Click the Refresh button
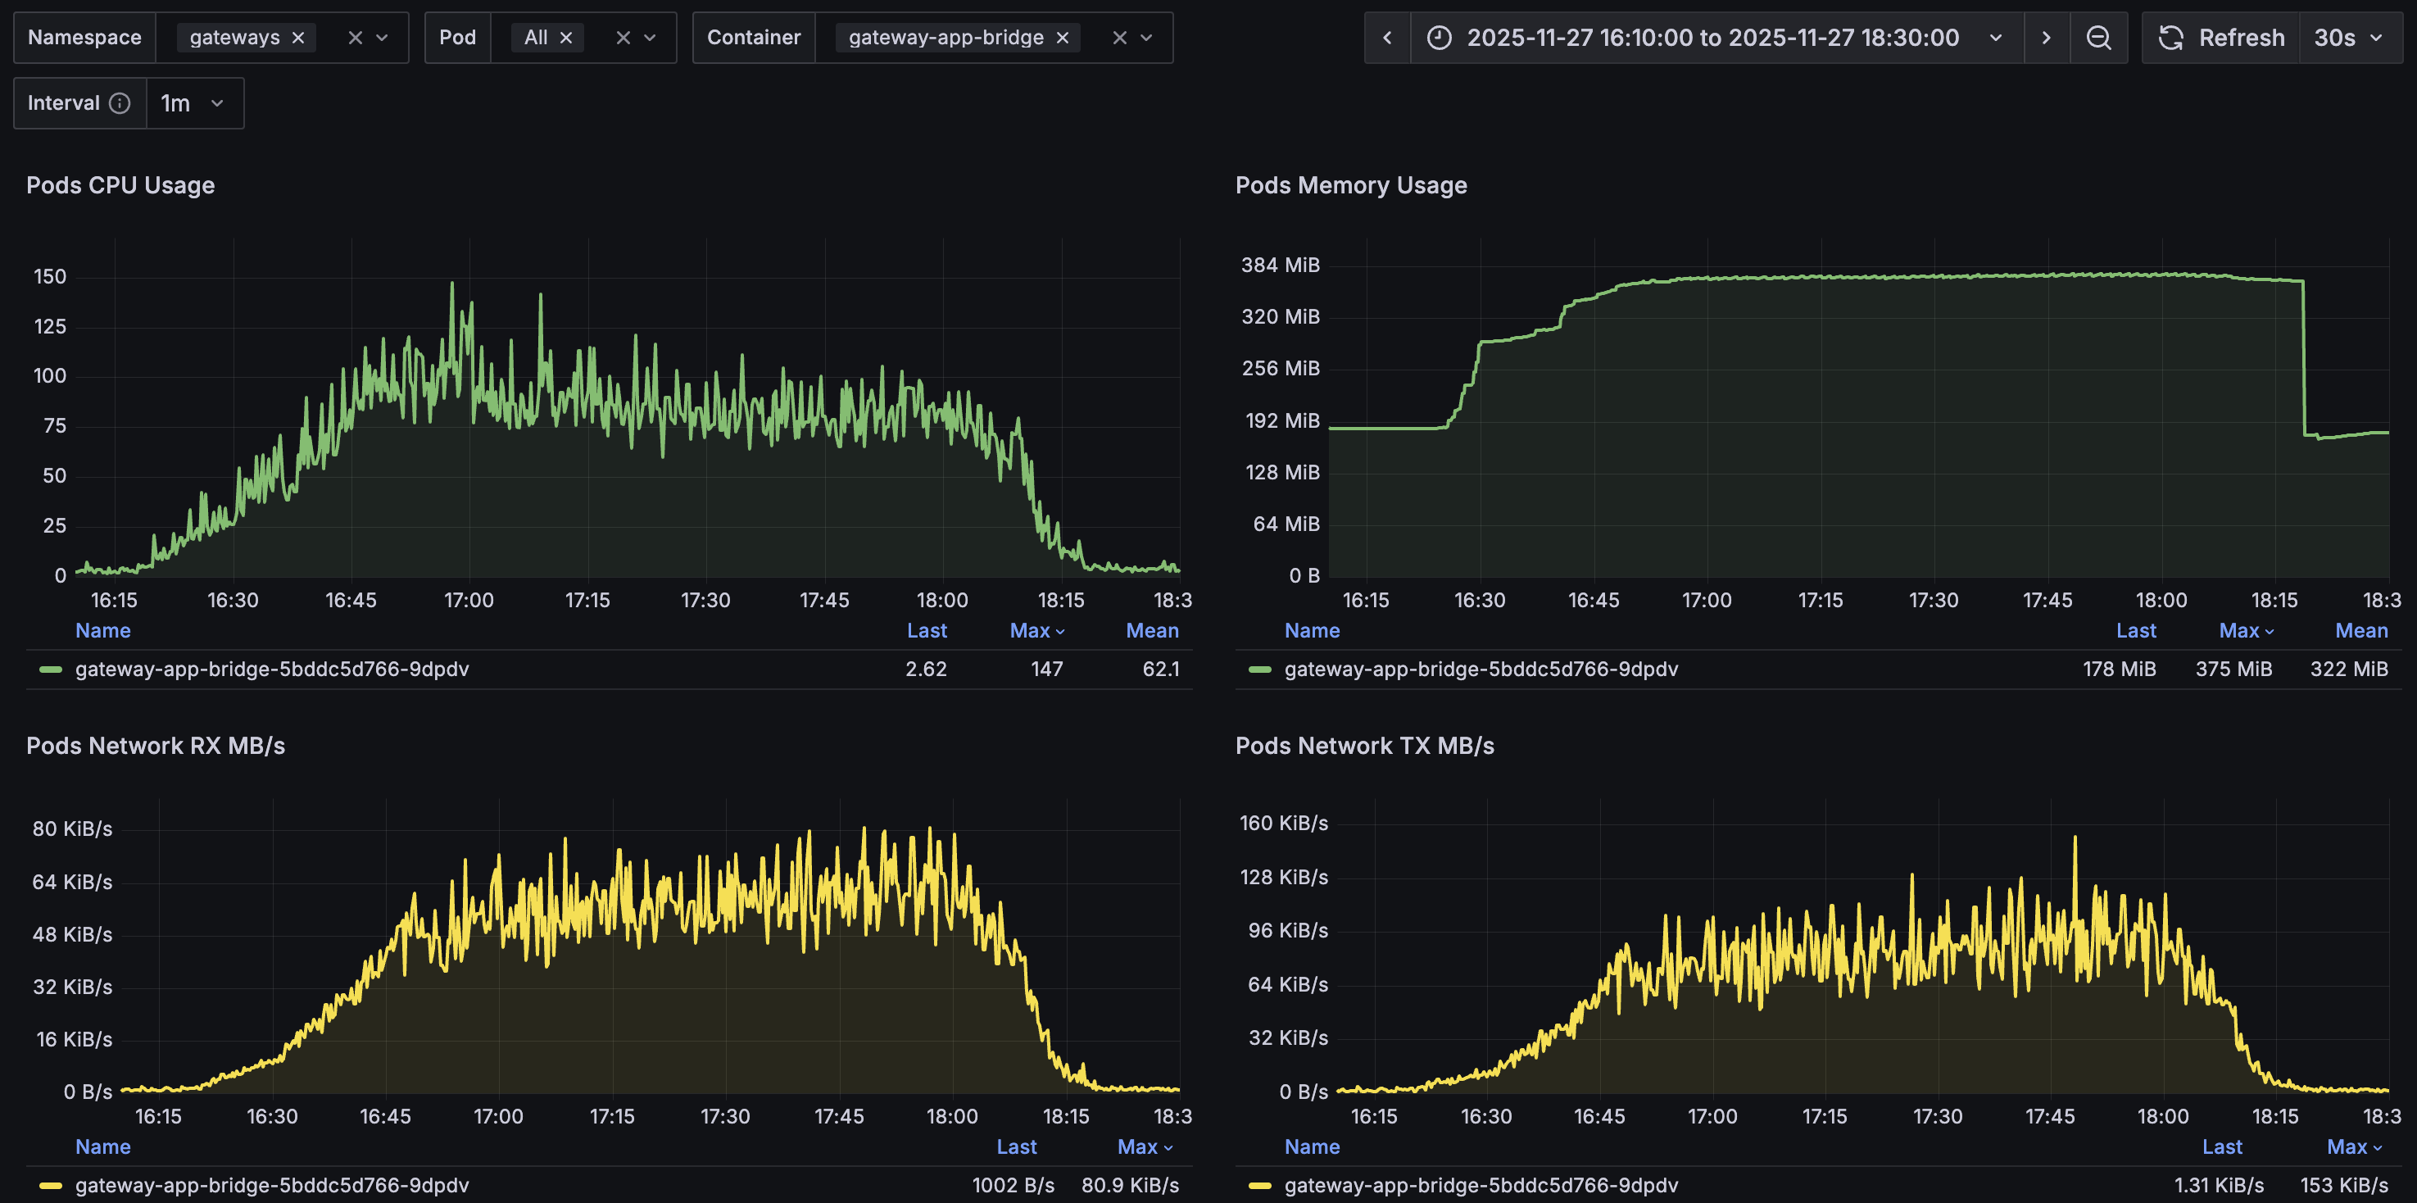point(2221,38)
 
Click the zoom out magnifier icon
point(2098,38)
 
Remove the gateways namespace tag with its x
point(298,38)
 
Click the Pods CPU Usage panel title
point(120,185)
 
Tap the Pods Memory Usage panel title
point(1350,185)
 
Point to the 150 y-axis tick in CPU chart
point(50,277)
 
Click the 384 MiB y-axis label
point(1280,265)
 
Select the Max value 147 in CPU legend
point(1046,669)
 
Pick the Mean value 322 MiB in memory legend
point(2347,669)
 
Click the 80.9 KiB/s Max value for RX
point(1130,1185)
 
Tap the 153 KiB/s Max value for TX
point(2343,1185)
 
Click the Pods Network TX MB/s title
point(1364,746)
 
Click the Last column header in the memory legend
point(2135,630)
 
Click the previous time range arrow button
point(1387,38)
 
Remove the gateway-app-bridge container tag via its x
point(1062,38)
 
